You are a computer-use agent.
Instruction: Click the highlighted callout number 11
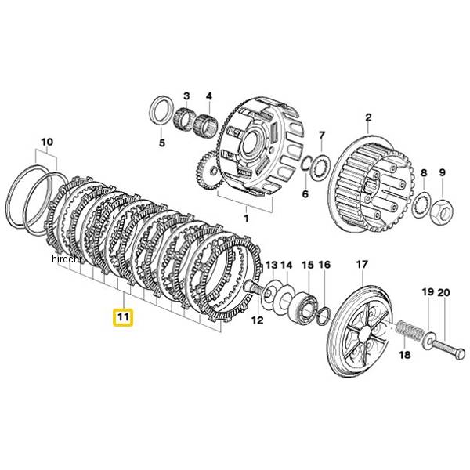tap(124, 317)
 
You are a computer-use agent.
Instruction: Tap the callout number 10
tap(46, 143)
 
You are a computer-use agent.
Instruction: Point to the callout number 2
tap(368, 118)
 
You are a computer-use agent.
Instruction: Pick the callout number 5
tap(161, 143)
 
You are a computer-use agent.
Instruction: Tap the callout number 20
tap(445, 292)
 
